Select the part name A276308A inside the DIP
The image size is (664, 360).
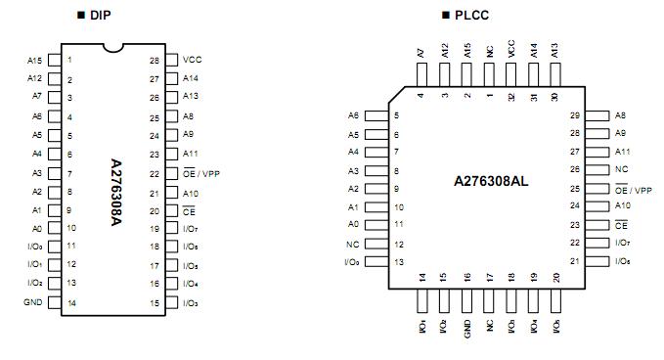click(x=115, y=182)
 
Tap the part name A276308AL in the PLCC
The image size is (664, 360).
click(x=491, y=182)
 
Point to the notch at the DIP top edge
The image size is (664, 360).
click(x=115, y=47)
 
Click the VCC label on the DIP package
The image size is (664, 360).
click(x=192, y=60)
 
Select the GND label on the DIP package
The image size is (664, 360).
click(x=32, y=302)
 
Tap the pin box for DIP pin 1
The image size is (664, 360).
click(x=54, y=60)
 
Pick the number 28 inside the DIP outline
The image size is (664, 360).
click(x=154, y=61)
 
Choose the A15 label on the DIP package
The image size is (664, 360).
click(x=34, y=60)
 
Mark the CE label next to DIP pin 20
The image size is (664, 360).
click(x=190, y=210)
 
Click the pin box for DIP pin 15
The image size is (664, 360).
click(x=171, y=302)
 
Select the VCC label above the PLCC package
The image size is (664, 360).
click(x=510, y=49)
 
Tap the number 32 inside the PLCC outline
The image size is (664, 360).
click(x=510, y=96)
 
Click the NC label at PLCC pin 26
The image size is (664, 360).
click(x=620, y=169)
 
